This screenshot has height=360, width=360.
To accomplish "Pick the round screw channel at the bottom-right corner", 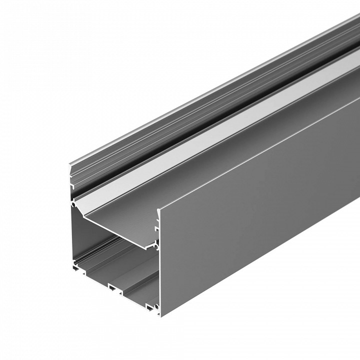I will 157,306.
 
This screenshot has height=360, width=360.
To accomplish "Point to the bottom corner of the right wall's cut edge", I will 161,316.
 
